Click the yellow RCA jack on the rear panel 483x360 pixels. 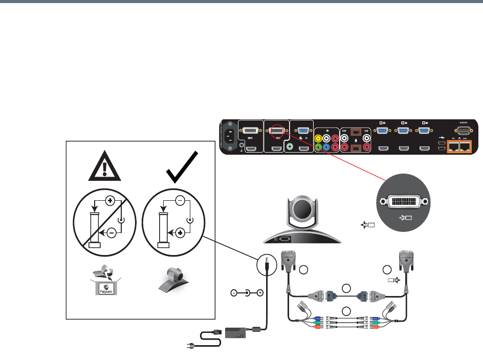pyautogui.click(x=320, y=138)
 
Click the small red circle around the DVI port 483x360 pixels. pyautogui.click(x=276, y=132)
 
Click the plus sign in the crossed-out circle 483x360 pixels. pyautogui.click(x=109, y=200)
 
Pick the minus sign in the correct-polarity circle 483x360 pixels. pyautogui.click(x=180, y=200)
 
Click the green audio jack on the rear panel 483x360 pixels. pyautogui.click(x=292, y=146)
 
